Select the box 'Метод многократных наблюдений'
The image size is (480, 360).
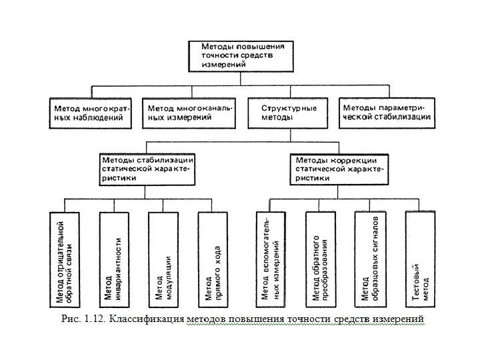pos(91,113)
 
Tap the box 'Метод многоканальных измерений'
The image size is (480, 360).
pos(190,113)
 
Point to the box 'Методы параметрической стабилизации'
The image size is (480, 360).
pos(386,113)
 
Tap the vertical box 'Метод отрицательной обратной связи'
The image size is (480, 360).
pos(65,257)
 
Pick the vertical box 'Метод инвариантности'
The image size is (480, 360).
pos(114,257)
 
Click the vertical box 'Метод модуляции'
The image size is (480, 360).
pos(164,257)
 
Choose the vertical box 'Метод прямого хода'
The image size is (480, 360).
pos(213,257)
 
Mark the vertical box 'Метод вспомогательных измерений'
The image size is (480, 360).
pos(272,257)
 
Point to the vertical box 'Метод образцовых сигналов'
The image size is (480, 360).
pos(371,257)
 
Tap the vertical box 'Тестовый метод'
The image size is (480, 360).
pos(420,257)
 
